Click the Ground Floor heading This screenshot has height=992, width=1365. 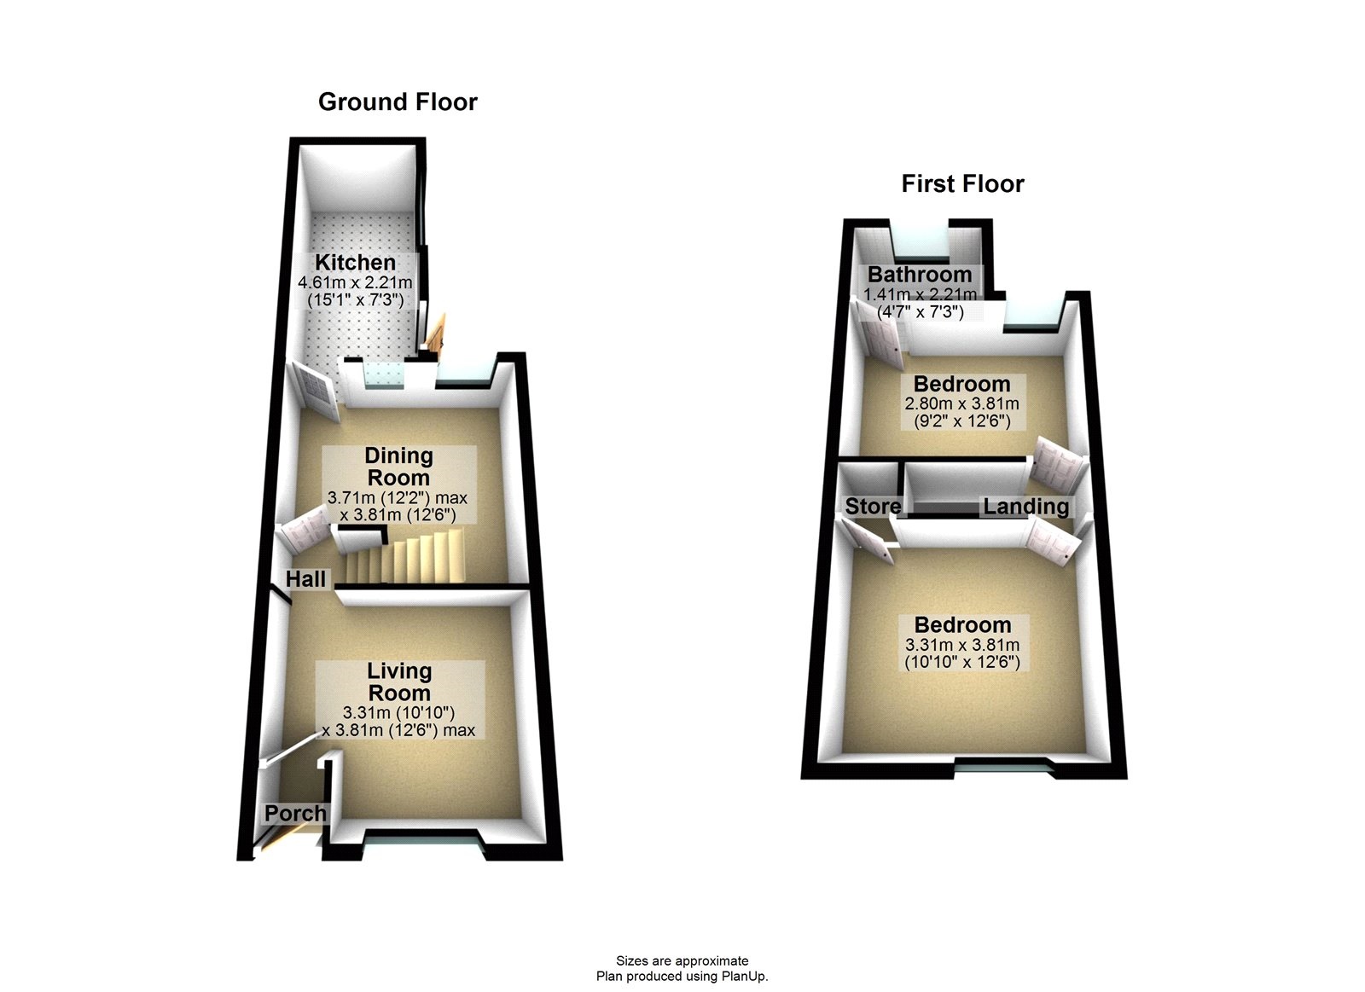(x=398, y=102)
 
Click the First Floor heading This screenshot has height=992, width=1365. (x=963, y=184)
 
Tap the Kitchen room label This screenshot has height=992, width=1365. (x=355, y=263)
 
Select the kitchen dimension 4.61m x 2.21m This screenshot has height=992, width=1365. (x=355, y=282)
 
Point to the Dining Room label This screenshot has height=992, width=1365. (x=398, y=466)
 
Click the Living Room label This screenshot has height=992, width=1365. (x=400, y=682)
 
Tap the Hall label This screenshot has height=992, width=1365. (x=306, y=579)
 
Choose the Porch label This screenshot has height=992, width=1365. (x=295, y=814)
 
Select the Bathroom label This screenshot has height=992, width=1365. (x=920, y=275)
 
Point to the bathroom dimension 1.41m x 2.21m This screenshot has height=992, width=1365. (x=921, y=294)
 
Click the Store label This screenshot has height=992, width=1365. (x=873, y=506)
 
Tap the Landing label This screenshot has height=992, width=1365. (x=1026, y=507)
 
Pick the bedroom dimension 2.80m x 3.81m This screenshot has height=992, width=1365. (x=961, y=403)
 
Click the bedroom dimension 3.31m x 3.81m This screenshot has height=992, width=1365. (x=962, y=645)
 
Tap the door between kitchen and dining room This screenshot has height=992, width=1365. (x=315, y=391)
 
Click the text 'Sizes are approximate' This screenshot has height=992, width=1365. (x=682, y=961)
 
